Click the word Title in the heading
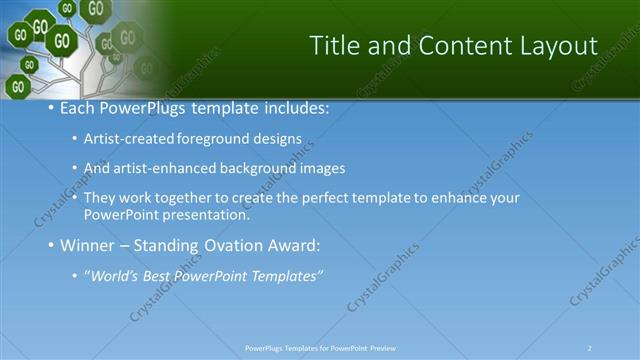click(336, 46)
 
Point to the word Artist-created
click(128, 140)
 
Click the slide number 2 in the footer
click(590, 348)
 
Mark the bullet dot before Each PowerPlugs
click(51, 108)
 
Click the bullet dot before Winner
click(51, 245)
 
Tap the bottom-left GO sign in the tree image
click(17, 86)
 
